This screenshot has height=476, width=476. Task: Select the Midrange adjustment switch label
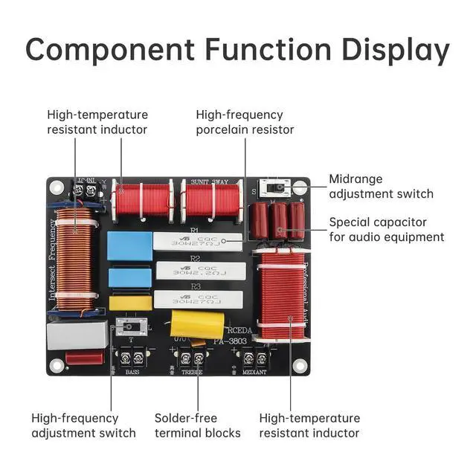point(381,186)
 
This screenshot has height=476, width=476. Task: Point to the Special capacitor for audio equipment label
point(387,229)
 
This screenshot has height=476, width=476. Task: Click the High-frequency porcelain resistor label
point(245,122)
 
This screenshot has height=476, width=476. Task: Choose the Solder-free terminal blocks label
point(197,425)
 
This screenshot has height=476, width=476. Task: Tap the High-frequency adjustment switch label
point(83,425)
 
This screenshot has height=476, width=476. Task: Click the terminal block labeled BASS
point(131,358)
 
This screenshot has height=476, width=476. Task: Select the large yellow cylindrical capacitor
point(197,325)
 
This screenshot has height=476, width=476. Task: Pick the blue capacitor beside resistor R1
point(129,245)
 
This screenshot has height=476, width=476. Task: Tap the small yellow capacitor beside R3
point(131,303)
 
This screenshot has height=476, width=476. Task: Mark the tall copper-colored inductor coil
point(74,258)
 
